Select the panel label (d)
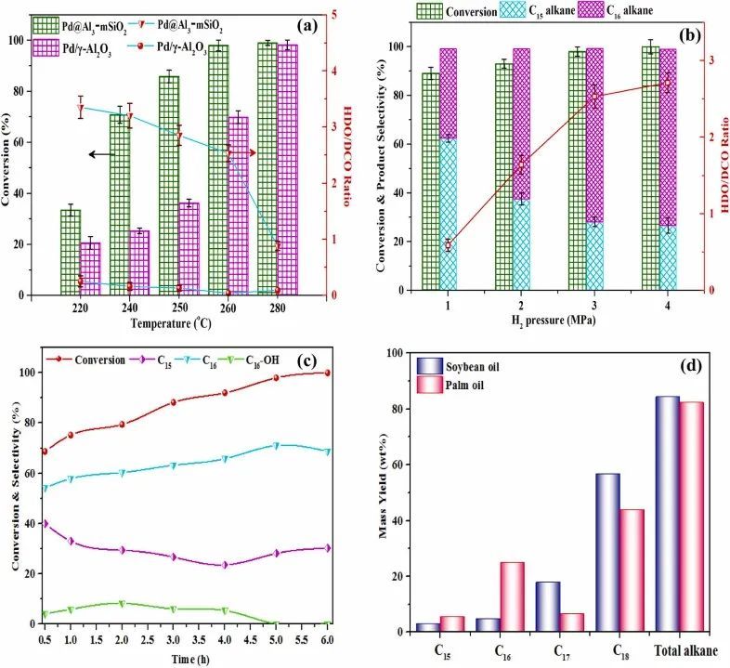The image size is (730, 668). (690, 365)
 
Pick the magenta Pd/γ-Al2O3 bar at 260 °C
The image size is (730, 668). (239, 205)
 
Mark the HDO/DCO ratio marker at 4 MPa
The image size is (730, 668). (667, 83)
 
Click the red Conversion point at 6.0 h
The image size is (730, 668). (327, 373)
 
